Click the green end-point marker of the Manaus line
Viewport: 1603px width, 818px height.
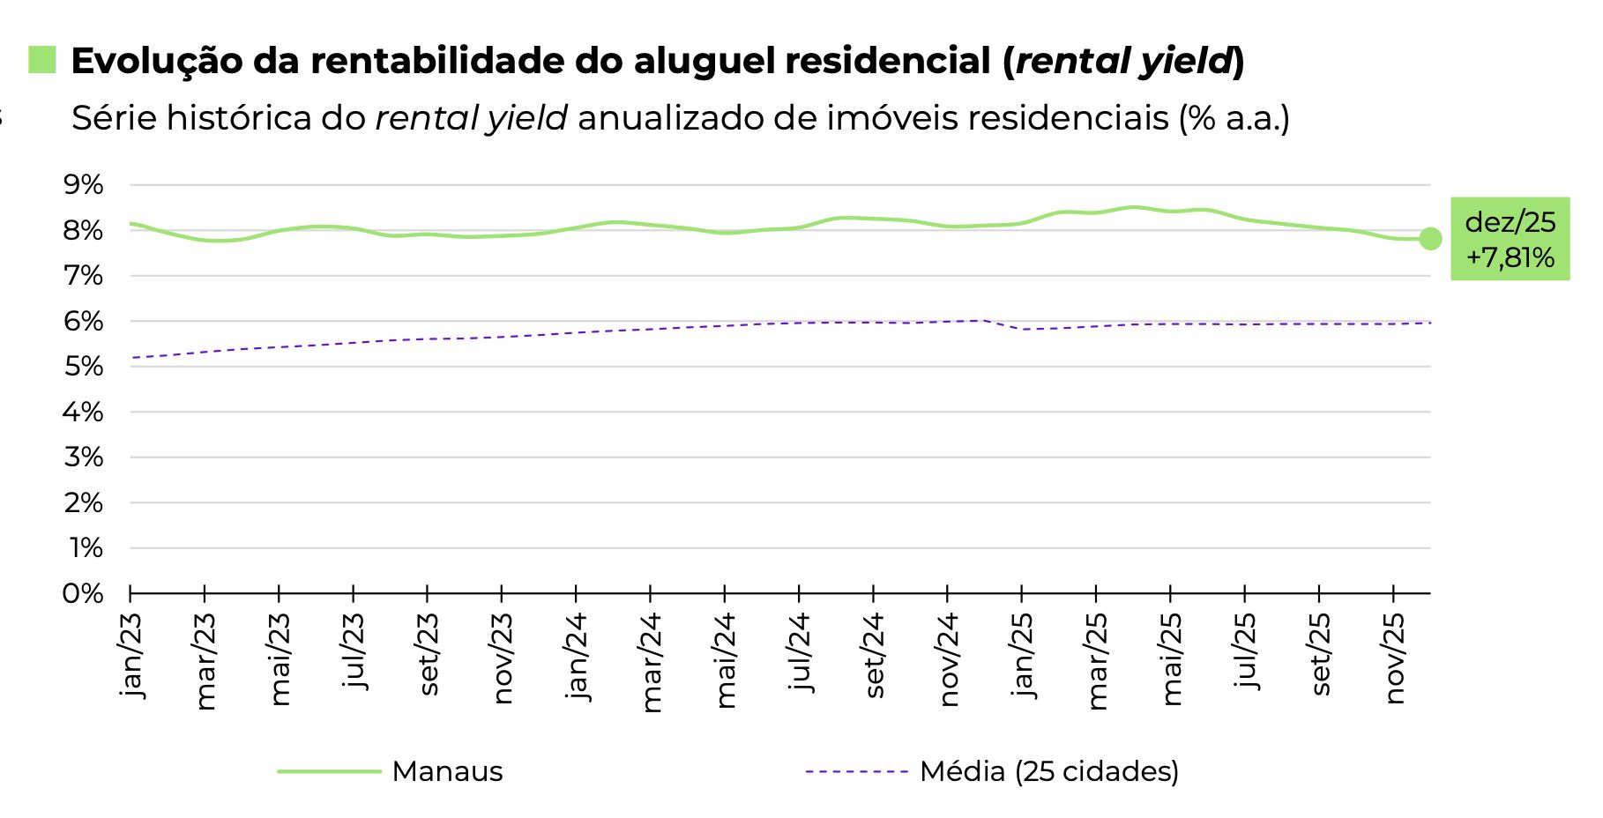(x=1430, y=239)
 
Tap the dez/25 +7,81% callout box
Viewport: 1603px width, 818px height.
(x=1510, y=239)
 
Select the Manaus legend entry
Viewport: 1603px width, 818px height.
(x=446, y=771)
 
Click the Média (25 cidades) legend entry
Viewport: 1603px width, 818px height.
(x=1048, y=771)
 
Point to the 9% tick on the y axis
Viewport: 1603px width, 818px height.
(x=83, y=185)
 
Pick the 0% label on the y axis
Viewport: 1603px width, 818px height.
(x=83, y=593)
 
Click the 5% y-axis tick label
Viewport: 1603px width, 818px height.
(x=83, y=367)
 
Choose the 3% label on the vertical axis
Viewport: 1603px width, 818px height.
(x=83, y=457)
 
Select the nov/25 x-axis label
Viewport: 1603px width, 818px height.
(x=1394, y=658)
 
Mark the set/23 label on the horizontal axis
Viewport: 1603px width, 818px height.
(x=429, y=654)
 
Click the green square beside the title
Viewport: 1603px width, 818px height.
(x=41, y=60)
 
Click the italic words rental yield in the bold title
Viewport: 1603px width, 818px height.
(x=1122, y=61)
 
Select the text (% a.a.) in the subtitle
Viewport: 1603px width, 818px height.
(x=1234, y=118)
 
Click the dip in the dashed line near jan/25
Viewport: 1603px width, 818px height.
(x=1023, y=329)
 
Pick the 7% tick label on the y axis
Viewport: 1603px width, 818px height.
(x=83, y=276)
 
